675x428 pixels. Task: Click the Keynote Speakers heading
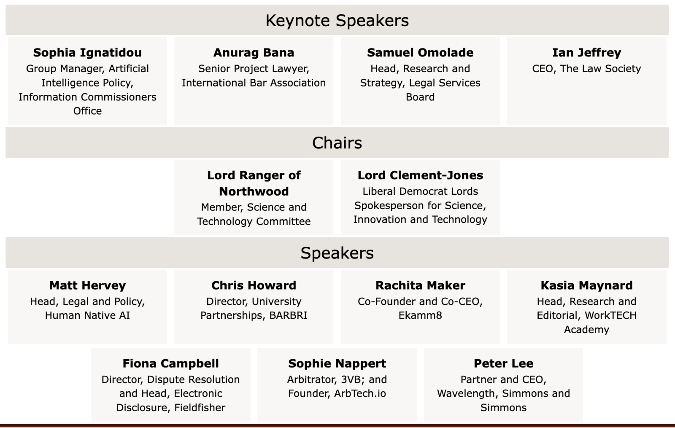[337, 21]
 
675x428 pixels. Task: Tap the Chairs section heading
[337, 143]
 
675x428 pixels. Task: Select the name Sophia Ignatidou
[87, 53]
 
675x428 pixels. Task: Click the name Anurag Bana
[254, 53]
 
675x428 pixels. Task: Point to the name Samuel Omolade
[420, 53]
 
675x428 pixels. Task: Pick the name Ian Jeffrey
[586, 53]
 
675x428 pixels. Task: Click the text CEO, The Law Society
[586, 69]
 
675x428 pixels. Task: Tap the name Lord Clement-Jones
[420, 175]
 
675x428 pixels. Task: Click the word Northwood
[254, 191]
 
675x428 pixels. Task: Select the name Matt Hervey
[87, 285]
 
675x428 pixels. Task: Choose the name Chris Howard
[254, 285]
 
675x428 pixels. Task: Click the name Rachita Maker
[420, 285]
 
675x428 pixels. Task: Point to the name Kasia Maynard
[586, 285]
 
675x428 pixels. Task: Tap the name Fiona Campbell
[170, 363]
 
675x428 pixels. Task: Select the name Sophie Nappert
[337, 363]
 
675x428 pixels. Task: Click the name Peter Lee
[503, 363]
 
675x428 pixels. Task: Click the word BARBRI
[288, 315]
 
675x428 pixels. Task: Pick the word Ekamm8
[420, 315]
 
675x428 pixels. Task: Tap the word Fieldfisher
[200, 407]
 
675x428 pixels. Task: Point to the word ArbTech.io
[360, 393]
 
